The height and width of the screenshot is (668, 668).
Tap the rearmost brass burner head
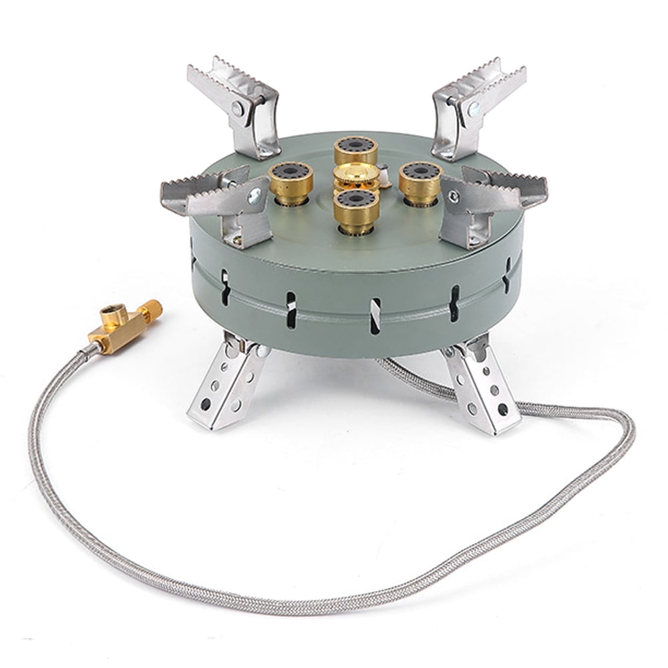(x=356, y=150)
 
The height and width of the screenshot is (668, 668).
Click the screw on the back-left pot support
(x=238, y=107)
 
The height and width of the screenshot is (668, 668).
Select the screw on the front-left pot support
(x=255, y=196)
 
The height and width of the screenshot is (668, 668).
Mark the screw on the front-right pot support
(x=454, y=196)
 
